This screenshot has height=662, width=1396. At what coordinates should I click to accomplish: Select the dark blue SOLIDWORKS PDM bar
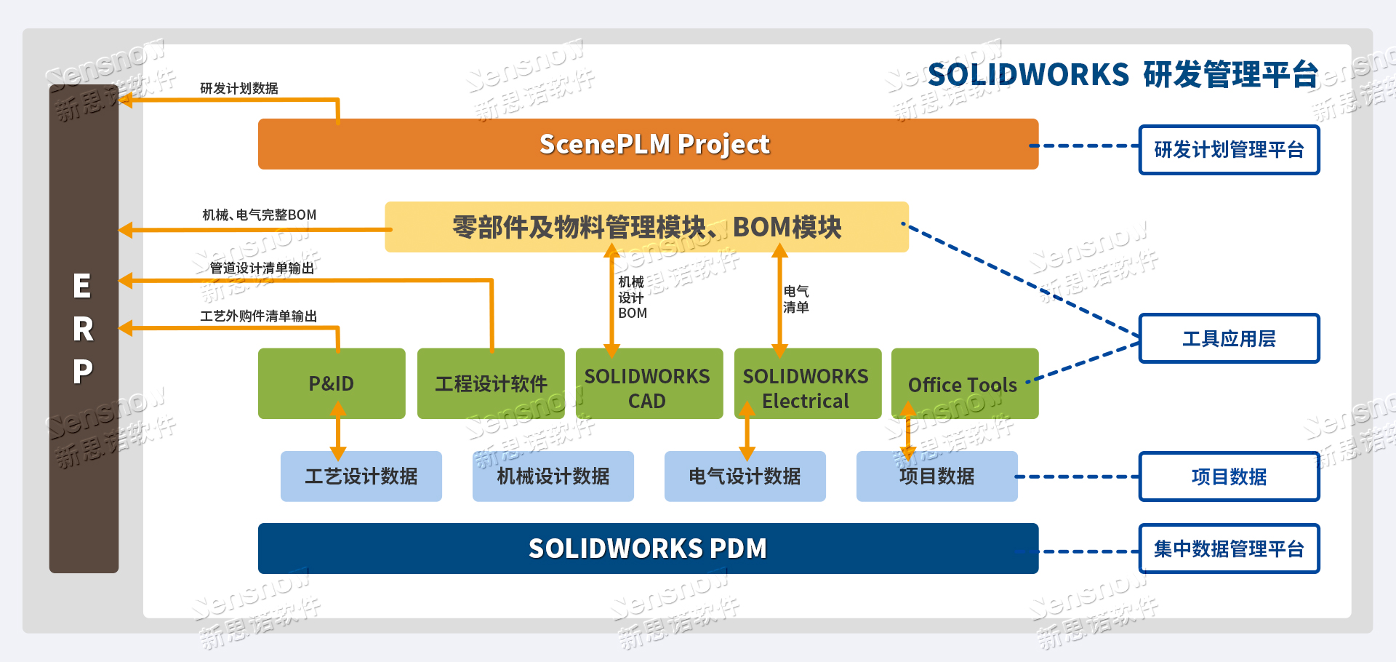click(x=648, y=549)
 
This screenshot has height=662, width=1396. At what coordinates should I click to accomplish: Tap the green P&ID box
click(x=332, y=383)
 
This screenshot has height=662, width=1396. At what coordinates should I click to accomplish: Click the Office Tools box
click(x=964, y=383)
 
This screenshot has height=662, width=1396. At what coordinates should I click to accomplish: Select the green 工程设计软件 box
click(x=491, y=383)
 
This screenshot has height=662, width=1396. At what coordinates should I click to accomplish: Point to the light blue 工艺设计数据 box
click(x=361, y=476)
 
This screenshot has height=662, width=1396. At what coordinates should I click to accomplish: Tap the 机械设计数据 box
click(x=553, y=476)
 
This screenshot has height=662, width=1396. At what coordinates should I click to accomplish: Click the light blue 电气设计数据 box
click(x=745, y=476)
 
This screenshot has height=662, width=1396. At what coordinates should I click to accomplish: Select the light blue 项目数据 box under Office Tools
click(x=937, y=476)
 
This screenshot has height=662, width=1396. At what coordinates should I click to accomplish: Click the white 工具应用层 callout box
click(x=1229, y=338)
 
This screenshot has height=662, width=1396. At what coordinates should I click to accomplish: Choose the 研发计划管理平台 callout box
click(x=1229, y=150)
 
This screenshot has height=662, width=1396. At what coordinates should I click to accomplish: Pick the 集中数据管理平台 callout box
click(x=1229, y=549)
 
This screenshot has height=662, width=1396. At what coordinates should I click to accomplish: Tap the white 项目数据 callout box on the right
click(x=1229, y=476)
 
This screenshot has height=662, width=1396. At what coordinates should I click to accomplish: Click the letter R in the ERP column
click(x=83, y=330)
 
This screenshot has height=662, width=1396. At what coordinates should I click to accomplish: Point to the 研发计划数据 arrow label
click(x=239, y=89)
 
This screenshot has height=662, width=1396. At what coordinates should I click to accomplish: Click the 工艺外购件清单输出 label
click(x=259, y=316)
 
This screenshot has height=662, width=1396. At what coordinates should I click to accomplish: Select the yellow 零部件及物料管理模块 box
click(x=646, y=227)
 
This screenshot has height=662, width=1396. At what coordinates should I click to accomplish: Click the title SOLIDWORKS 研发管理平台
click(x=1123, y=75)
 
